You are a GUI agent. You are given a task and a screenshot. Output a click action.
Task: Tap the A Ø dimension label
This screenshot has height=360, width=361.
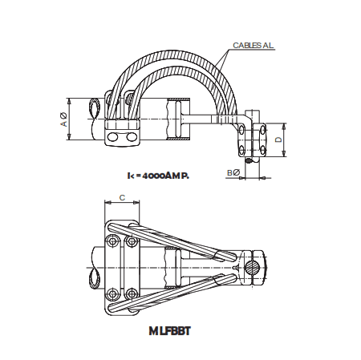pos(63,120)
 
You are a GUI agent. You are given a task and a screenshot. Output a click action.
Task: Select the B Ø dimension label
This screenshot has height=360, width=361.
pos(233,172)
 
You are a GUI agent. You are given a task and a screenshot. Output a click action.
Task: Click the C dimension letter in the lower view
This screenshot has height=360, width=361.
pos(120,196)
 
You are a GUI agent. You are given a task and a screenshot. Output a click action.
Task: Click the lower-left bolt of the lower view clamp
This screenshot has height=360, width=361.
pos(111,291)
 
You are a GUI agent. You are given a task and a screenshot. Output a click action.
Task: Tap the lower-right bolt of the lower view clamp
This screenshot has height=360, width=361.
pos(129,291)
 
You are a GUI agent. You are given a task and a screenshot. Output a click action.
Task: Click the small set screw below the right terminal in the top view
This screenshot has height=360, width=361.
pos(250,159)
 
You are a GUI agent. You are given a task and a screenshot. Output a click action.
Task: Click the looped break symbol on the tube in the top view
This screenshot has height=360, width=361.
pos(94,120)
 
